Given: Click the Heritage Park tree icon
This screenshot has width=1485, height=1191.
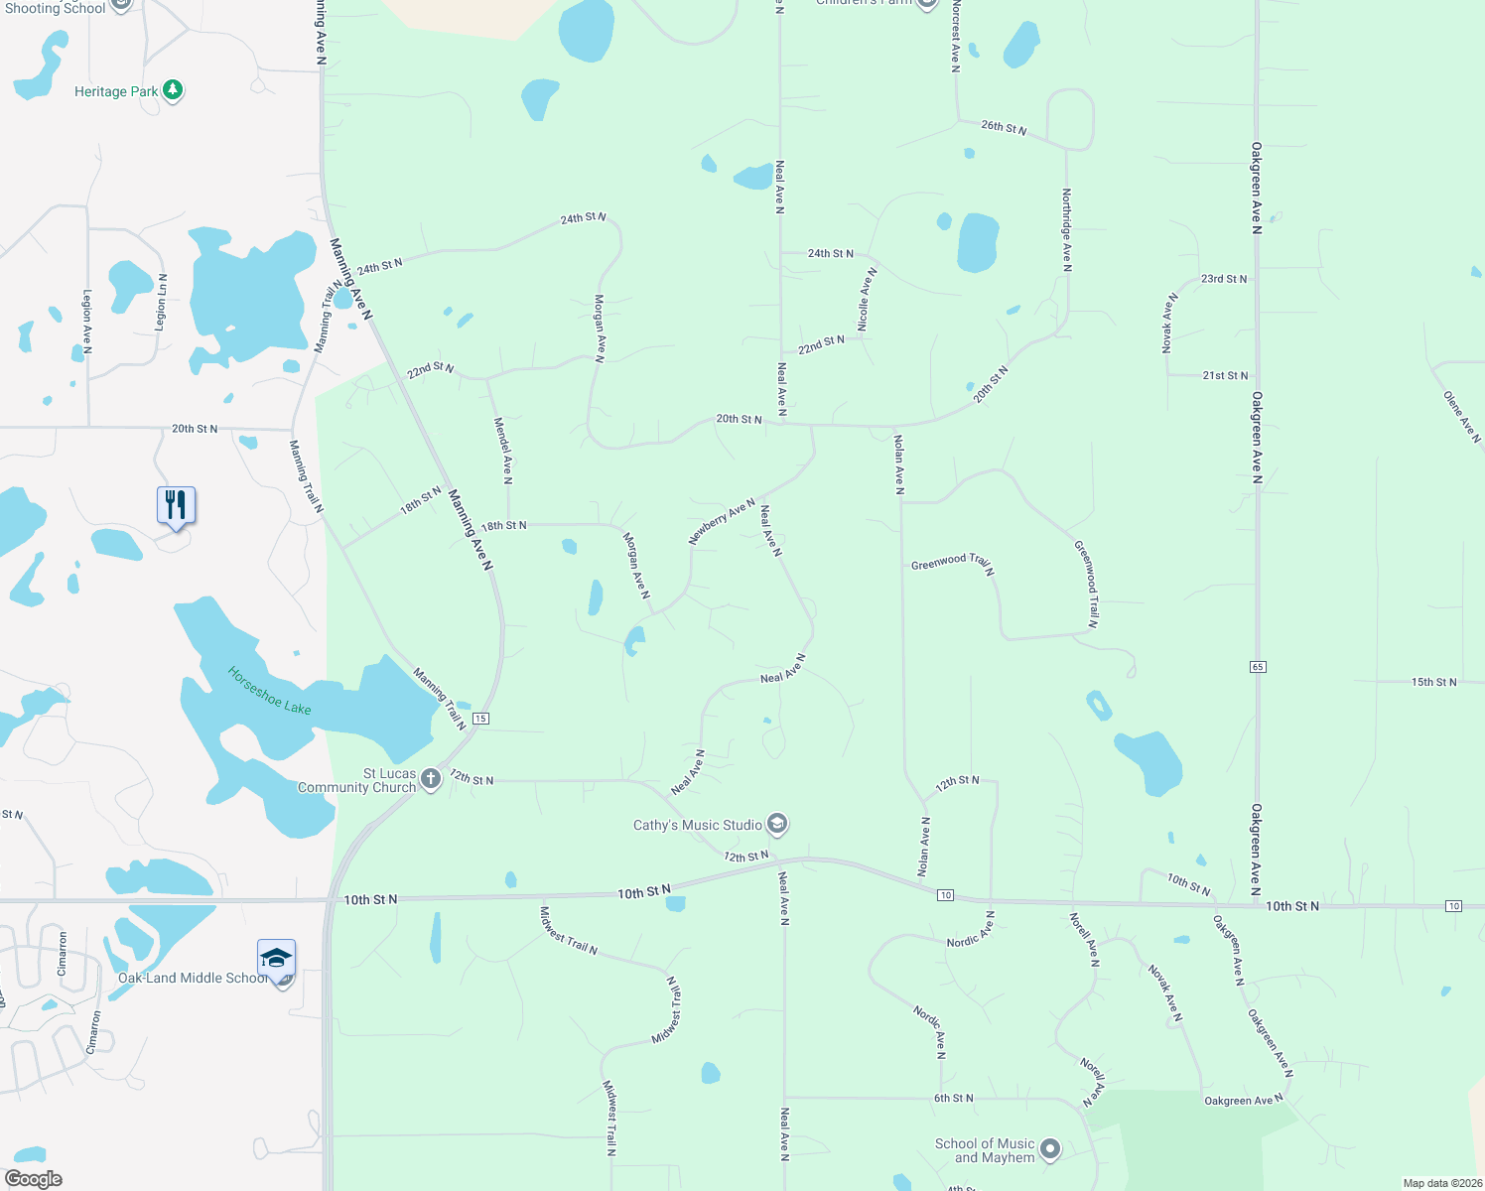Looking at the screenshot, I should (x=173, y=90).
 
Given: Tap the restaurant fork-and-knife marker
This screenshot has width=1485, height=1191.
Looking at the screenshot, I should (x=176, y=505).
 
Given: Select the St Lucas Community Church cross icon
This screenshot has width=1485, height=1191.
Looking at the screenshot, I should (x=431, y=779).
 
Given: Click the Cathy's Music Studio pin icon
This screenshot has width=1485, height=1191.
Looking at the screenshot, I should (x=778, y=824).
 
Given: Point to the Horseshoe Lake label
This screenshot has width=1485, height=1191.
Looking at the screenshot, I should (x=269, y=690).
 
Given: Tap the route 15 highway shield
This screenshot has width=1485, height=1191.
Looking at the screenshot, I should (x=480, y=719).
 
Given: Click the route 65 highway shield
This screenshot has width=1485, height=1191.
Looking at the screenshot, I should (x=1258, y=667).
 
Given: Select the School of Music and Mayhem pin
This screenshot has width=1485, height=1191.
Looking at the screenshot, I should (x=1050, y=1149).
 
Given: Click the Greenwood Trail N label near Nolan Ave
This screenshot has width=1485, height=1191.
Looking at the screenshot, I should (x=952, y=564).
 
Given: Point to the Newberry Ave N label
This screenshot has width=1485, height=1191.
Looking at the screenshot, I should (x=722, y=521).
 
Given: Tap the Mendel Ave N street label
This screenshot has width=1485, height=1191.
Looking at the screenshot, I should (x=503, y=451).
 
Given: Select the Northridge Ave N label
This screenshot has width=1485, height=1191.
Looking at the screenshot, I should (x=1066, y=230).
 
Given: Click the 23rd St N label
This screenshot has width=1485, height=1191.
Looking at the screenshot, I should (x=1224, y=279).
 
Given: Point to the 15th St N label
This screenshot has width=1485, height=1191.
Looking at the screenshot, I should (x=1433, y=682).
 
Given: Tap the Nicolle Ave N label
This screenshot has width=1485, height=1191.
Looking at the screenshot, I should (x=867, y=299).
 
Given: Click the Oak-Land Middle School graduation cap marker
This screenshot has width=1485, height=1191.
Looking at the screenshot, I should (x=276, y=958).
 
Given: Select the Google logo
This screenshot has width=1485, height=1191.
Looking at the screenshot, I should (x=33, y=1179).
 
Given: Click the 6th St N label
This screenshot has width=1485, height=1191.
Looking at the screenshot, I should (x=953, y=1099).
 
